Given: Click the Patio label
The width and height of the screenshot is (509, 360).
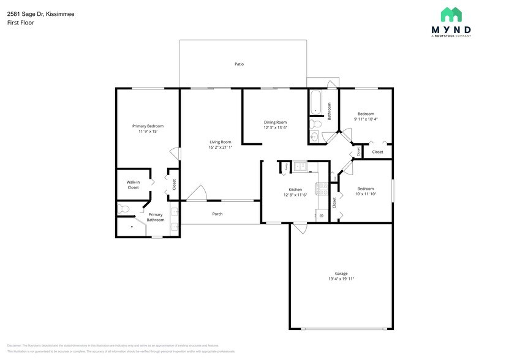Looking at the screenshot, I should click(x=239, y=64).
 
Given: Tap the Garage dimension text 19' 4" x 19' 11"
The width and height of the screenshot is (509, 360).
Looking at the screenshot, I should click(x=341, y=279).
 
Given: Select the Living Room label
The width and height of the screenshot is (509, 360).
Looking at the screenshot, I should click(x=220, y=142).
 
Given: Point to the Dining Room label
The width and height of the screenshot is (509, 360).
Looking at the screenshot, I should click(x=275, y=122).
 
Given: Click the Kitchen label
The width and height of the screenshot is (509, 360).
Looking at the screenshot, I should click(x=295, y=190).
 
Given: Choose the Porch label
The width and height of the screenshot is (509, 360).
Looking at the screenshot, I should click(x=217, y=214).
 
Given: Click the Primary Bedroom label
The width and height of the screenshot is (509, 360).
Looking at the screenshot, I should click(x=148, y=126).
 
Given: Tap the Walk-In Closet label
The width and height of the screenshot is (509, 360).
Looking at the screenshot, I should click(x=133, y=184).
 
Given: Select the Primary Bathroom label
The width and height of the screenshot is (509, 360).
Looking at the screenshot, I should click(x=156, y=217).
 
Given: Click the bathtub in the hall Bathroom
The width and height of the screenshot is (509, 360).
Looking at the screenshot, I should click(x=315, y=102).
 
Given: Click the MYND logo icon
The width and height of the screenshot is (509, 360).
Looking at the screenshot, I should click(x=451, y=15).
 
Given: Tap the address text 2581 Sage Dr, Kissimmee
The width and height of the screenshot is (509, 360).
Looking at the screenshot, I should click(x=41, y=13).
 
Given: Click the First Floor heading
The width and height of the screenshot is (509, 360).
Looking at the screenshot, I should click(x=21, y=23).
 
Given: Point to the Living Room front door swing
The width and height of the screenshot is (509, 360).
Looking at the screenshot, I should click(x=197, y=193).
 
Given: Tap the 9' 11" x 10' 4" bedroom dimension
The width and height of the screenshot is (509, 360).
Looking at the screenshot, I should click(x=366, y=119).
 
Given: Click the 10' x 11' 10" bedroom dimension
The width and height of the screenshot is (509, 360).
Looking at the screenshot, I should click(x=366, y=194).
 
